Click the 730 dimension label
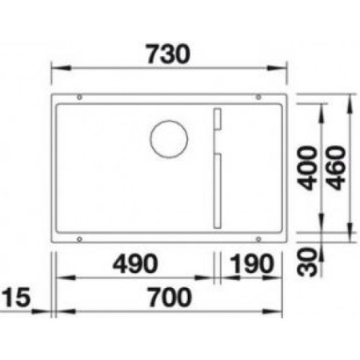tap(170, 54)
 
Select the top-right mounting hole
tap(258, 98)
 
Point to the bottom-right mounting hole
tap(258, 238)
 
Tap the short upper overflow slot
tap(214, 121)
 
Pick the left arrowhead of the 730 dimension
tap(57, 70)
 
